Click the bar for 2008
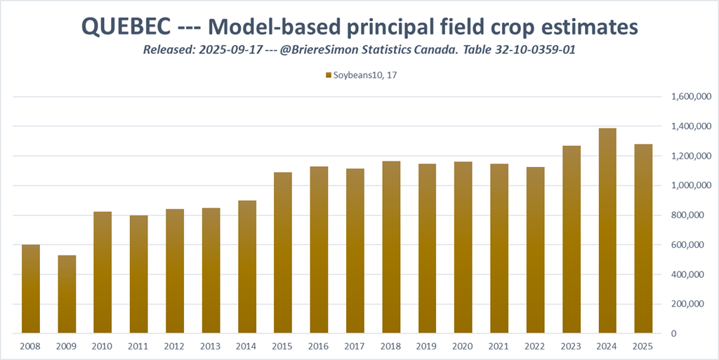click(31, 288)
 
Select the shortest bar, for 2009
click(67, 294)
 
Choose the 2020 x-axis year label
click(463, 346)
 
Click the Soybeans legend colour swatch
click(329, 74)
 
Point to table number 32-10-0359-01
click(529, 50)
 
